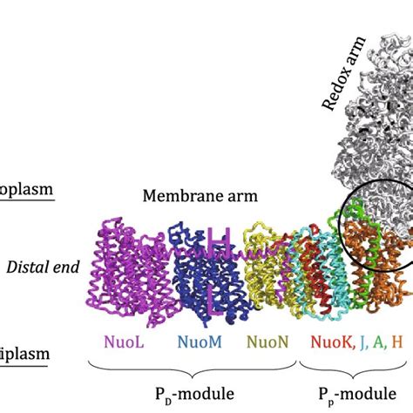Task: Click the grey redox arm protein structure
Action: click(x=366, y=131)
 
